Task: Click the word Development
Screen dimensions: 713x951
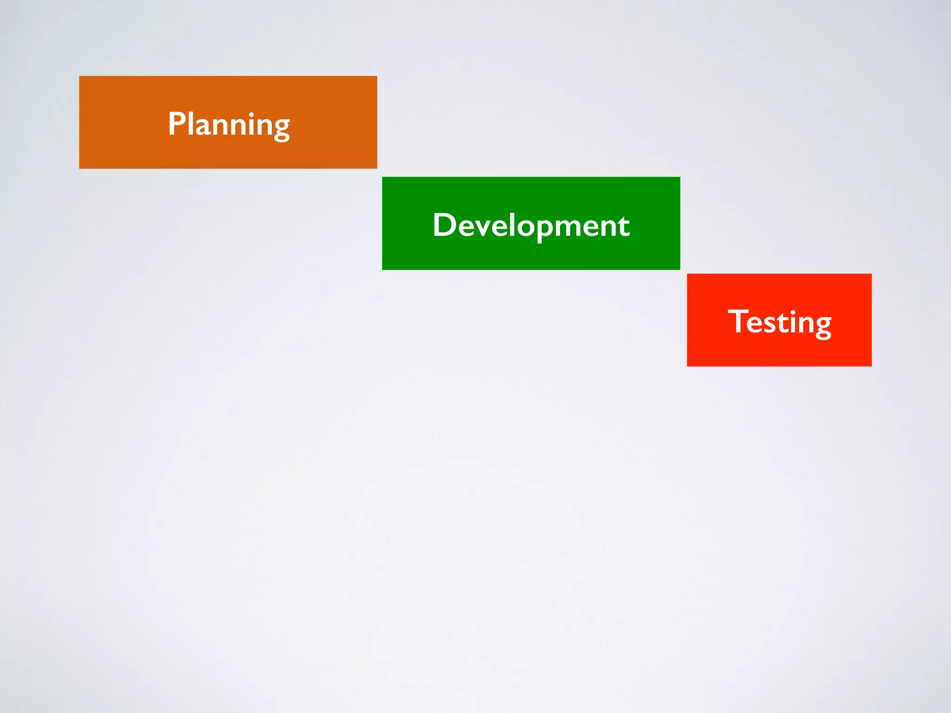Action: tap(531, 225)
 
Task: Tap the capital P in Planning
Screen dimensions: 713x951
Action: tap(177, 124)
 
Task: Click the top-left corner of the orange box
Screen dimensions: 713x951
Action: tap(80, 77)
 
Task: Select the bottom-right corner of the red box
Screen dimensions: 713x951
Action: tap(871, 366)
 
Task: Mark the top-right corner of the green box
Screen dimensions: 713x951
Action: tap(679, 178)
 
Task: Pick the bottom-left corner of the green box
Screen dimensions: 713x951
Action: tap(383, 269)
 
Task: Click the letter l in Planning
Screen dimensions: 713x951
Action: tap(190, 123)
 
